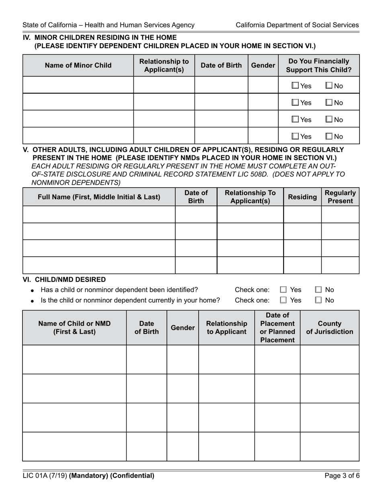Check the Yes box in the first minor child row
[x=295, y=86]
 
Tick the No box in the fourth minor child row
[x=329, y=137]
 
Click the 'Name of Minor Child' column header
[x=78, y=65]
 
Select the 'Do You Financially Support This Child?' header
[x=318, y=65]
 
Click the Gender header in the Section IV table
[x=263, y=65]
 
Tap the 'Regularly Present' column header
[x=340, y=197]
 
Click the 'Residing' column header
[x=302, y=197]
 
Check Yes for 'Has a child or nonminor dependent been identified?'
[x=283, y=290]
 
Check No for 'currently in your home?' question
[x=318, y=300]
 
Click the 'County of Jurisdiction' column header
[x=329, y=328]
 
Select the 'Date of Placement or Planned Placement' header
[x=277, y=328]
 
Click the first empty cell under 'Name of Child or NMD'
[x=74, y=359]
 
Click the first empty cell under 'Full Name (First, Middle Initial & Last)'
[x=99, y=214]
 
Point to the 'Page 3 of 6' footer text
[x=342, y=476]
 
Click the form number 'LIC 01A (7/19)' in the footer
[x=45, y=476]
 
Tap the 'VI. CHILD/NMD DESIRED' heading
[x=64, y=280]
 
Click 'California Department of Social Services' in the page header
[x=297, y=25]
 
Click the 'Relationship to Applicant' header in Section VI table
[x=226, y=328]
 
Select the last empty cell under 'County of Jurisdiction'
[x=329, y=446]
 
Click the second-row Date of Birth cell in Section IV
[x=221, y=102]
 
